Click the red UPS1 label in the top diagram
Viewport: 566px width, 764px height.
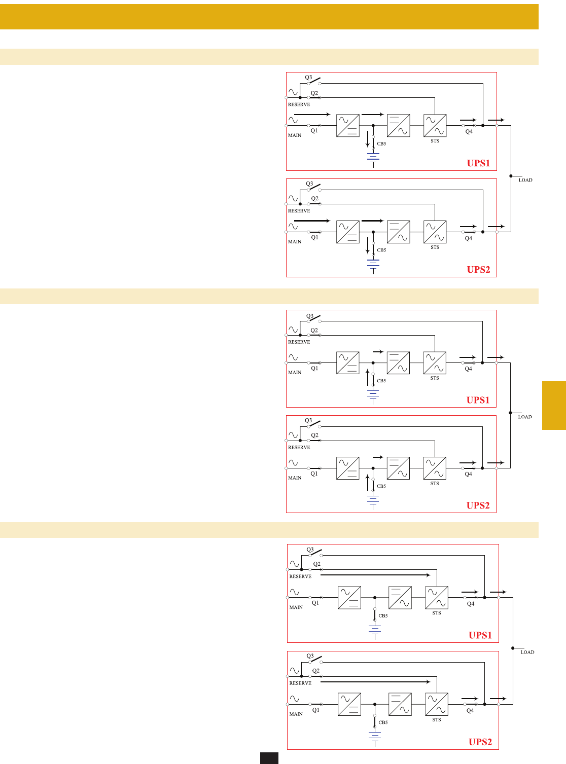pyautogui.click(x=478, y=163)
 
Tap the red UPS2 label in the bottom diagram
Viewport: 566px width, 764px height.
pyautogui.click(x=480, y=742)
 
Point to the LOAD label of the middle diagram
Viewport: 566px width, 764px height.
pyautogui.click(x=525, y=417)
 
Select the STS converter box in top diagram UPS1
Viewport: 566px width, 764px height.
pyautogui.click(x=435, y=126)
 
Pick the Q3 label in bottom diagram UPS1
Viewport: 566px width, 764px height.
pyautogui.click(x=310, y=550)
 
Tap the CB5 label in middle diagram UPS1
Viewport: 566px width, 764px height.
pyautogui.click(x=381, y=381)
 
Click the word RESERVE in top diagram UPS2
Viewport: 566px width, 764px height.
pyautogui.click(x=299, y=211)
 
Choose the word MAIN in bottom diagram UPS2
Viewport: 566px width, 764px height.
pyautogui.click(x=296, y=714)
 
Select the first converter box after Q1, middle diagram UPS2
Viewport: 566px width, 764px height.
pyautogui.click(x=348, y=468)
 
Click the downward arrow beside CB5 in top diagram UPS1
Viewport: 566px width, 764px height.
pyautogui.click(x=368, y=139)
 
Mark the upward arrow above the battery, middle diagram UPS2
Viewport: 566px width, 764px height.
pyautogui.click(x=368, y=483)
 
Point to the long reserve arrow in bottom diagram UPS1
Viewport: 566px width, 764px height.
pyautogui.click(x=375, y=575)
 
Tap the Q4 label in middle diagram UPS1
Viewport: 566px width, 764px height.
pyautogui.click(x=469, y=369)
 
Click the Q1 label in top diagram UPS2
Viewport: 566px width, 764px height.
pyautogui.click(x=315, y=237)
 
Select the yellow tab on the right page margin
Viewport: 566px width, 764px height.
pyautogui.click(x=554, y=406)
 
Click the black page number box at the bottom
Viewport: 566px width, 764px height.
pyautogui.click(x=269, y=758)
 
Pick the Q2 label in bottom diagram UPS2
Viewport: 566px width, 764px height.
pyautogui.click(x=316, y=671)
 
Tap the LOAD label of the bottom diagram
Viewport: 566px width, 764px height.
pyautogui.click(x=527, y=652)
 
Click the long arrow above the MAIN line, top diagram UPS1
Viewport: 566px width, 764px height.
pyautogui.click(x=312, y=115)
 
